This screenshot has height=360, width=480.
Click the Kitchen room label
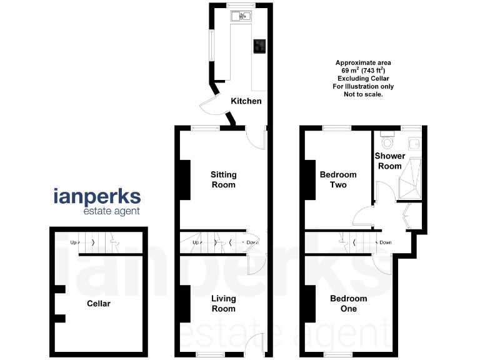click(246, 101)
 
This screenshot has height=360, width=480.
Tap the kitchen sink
click(241, 16)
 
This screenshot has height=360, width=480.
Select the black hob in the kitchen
click(259, 46)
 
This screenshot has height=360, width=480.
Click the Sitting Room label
click(223, 180)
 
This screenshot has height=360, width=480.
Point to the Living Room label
click(223, 304)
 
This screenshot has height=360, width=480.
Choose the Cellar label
click(98, 304)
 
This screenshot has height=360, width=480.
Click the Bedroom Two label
click(337, 180)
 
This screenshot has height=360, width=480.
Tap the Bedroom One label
click(349, 304)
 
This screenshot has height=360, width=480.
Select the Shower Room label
click(389, 161)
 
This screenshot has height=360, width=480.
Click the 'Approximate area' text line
click(363, 62)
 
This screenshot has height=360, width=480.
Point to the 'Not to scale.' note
click(363, 95)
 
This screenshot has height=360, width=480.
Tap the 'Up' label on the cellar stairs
click(73, 242)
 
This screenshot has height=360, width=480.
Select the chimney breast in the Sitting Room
click(185, 180)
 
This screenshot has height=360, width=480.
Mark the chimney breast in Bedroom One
click(310, 304)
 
